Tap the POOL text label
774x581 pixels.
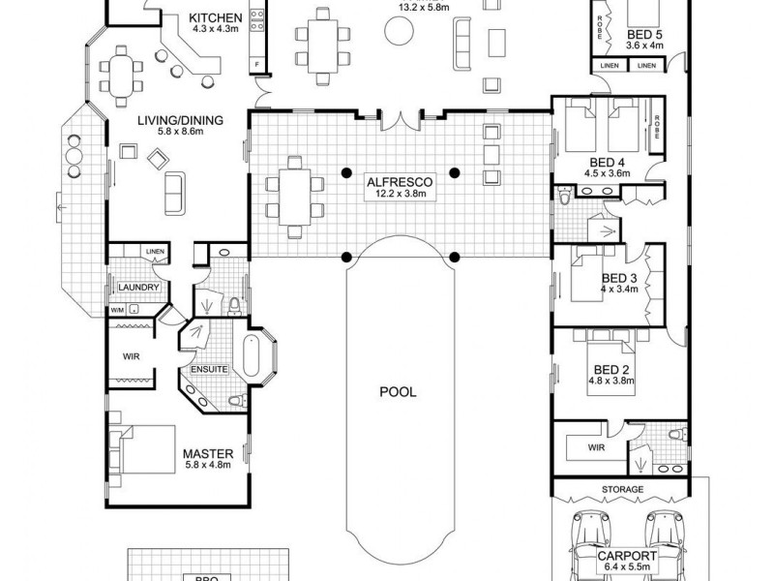(x=398, y=392)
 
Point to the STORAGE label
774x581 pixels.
(x=622, y=490)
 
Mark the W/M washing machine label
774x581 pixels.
(x=117, y=310)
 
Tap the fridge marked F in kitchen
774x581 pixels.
(x=256, y=64)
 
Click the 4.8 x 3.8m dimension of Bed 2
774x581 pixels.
(x=610, y=381)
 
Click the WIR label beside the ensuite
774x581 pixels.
(x=133, y=356)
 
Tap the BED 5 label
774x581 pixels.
(x=642, y=32)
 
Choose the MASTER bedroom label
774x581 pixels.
(x=205, y=452)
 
